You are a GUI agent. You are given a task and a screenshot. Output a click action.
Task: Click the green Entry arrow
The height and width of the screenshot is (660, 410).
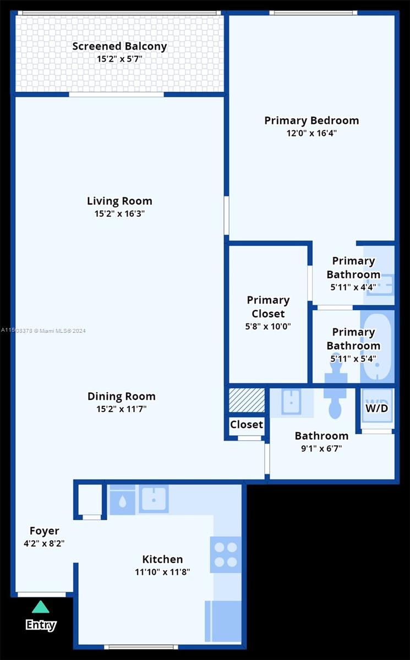tap(41, 607)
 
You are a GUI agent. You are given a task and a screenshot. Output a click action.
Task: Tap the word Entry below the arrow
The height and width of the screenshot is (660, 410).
tap(41, 624)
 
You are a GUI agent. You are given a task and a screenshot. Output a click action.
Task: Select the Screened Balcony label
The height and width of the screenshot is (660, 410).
tap(119, 46)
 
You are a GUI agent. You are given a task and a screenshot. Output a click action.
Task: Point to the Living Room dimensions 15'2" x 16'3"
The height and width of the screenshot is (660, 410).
tap(119, 213)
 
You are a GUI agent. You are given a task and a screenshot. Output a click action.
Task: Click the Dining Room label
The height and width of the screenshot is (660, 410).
tap(122, 397)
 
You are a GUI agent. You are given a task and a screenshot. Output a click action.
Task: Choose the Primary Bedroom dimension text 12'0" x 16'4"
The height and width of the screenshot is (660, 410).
tap(311, 133)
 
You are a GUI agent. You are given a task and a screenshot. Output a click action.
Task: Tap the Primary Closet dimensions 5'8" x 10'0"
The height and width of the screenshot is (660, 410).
tap(268, 327)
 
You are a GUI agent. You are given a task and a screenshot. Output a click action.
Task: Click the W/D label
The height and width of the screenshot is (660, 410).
tap(376, 408)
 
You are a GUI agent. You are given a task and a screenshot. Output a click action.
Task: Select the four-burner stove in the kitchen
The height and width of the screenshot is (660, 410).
tap(226, 554)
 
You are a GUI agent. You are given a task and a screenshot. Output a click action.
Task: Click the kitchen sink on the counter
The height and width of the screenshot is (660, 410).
tap(154, 499)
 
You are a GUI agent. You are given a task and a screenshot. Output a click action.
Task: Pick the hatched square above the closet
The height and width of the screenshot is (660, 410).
tap(247, 400)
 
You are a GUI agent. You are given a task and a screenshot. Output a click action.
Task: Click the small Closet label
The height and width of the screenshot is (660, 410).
tap(247, 425)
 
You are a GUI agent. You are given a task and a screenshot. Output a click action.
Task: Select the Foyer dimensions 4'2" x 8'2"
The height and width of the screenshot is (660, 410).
tap(44, 543)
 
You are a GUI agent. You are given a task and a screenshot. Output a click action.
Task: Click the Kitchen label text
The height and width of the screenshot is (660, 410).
tap(162, 559)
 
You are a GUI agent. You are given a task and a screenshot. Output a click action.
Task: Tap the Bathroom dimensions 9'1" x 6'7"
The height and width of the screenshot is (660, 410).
tap(321, 448)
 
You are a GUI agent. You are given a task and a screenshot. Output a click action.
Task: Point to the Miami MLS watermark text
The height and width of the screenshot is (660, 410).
tap(43, 331)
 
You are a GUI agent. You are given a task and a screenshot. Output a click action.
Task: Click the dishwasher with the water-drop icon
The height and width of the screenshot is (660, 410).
tap(122, 500)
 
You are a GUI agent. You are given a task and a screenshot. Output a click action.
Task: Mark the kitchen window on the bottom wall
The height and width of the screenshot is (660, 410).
tap(141, 647)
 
